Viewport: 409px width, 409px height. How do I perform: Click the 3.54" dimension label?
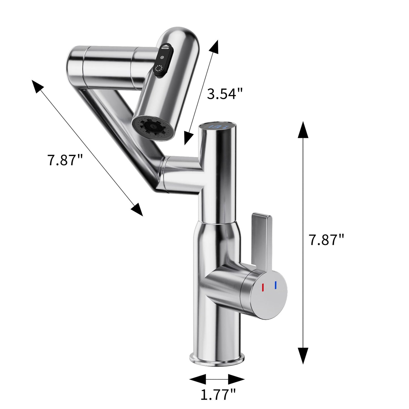click(225, 94)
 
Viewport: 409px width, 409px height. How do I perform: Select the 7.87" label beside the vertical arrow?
click(326, 240)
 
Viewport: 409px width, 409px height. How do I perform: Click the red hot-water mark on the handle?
click(263, 287)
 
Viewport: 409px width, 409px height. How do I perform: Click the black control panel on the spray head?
click(162, 61)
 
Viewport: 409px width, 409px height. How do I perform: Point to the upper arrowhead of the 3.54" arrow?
click(214, 47)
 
